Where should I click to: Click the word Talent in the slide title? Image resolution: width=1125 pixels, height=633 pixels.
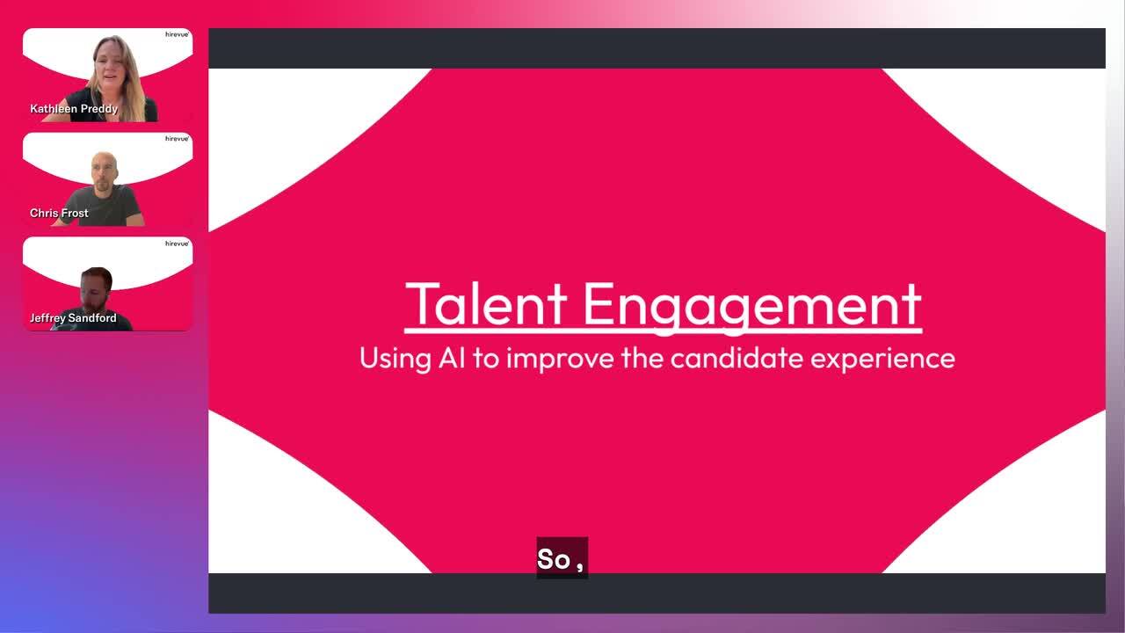pyautogui.click(x=486, y=304)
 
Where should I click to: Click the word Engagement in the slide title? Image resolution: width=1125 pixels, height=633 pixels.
pyautogui.click(x=751, y=308)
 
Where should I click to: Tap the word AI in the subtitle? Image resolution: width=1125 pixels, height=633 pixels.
pyautogui.click(x=452, y=358)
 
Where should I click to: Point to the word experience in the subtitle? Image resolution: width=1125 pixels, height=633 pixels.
pyautogui.click(x=882, y=360)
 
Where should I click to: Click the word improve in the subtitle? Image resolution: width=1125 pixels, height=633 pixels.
pyautogui.click(x=560, y=360)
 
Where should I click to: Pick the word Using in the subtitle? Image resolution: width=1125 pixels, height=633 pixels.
pyautogui.click(x=396, y=360)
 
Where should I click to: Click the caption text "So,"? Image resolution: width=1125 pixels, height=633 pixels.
pyautogui.click(x=561, y=559)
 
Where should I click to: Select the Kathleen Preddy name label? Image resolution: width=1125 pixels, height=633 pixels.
pyautogui.click(x=74, y=108)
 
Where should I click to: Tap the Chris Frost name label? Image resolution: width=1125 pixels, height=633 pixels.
pyautogui.click(x=59, y=213)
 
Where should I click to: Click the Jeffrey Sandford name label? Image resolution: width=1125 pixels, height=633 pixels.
pyautogui.click(x=73, y=318)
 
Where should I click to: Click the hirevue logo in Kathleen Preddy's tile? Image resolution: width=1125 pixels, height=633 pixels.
pyautogui.click(x=177, y=34)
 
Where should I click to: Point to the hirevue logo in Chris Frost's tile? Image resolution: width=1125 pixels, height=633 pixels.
pyautogui.click(x=177, y=139)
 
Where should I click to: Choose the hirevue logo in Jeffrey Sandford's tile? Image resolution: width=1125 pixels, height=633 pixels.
pyautogui.click(x=177, y=244)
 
